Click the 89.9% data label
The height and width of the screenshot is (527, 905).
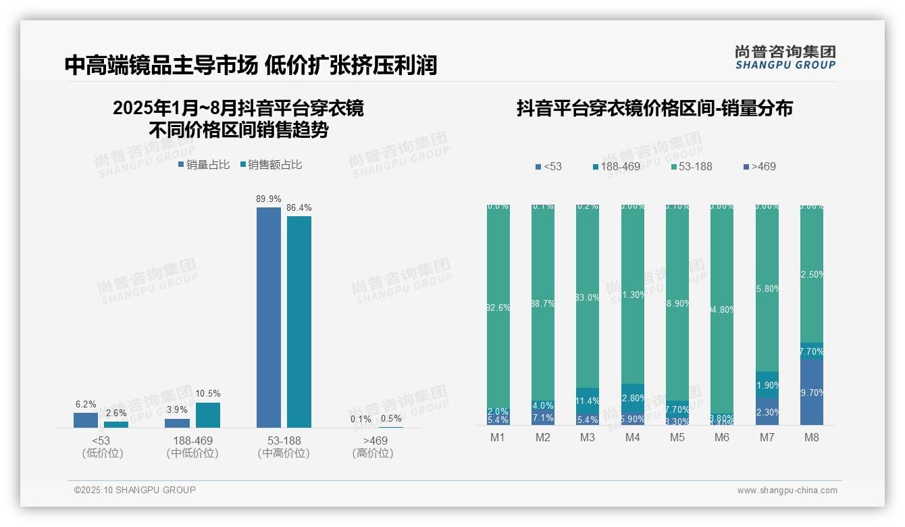(x=268, y=199)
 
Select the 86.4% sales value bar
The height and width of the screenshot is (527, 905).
(x=299, y=321)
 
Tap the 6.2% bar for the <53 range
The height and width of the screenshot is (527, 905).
(x=86, y=420)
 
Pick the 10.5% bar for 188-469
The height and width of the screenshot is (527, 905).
(x=208, y=415)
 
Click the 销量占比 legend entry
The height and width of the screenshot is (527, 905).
(x=204, y=165)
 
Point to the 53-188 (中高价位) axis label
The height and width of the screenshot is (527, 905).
(x=284, y=447)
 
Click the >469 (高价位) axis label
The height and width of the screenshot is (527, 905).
(x=373, y=447)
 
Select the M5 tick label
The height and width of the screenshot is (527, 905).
(x=677, y=437)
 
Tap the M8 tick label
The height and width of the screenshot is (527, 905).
(x=812, y=437)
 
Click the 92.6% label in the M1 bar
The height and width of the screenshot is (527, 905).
(x=498, y=307)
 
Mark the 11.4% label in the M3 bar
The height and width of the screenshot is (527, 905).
(x=588, y=401)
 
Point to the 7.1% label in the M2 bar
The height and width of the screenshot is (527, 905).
(x=543, y=418)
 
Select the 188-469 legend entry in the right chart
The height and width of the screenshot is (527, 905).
(x=616, y=166)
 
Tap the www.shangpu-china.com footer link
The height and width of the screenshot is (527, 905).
(x=787, y=491)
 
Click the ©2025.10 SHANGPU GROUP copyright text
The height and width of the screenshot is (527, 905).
(x=135, y=490)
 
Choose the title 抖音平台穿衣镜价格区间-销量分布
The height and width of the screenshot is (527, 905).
(x=654, y=108)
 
